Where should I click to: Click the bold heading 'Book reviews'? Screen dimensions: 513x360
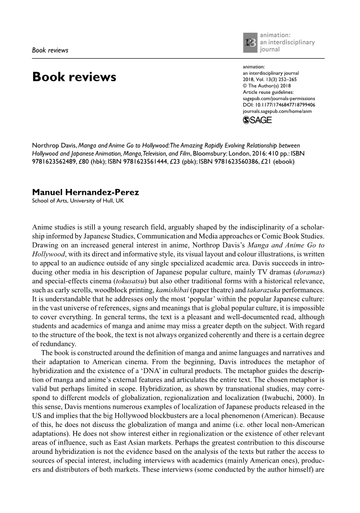tap(74, 76)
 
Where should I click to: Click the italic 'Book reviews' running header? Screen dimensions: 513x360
tap(50, 50)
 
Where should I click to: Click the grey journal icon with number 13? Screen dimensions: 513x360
tap(250, 42)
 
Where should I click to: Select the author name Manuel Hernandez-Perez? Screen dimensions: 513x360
tap(86, 192)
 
